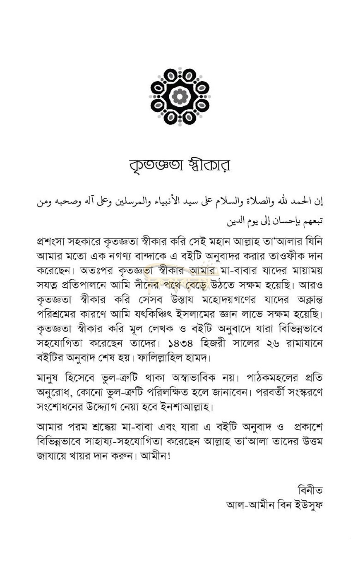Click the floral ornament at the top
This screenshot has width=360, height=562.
pyautogui.click(x=180, y=96)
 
